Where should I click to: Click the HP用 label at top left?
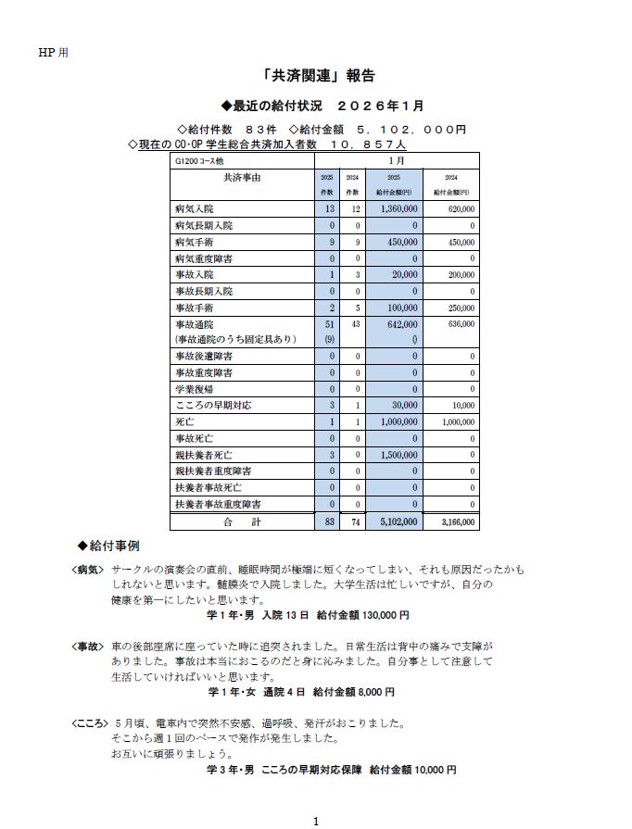pyautogui.click(x=52, y=52)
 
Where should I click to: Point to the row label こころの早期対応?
pyautogui.click(x=212, y=405)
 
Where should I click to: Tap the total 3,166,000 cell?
pyautogui.click(x=455, y=521)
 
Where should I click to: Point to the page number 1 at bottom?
pyautogui.click(x=316, y=821)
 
